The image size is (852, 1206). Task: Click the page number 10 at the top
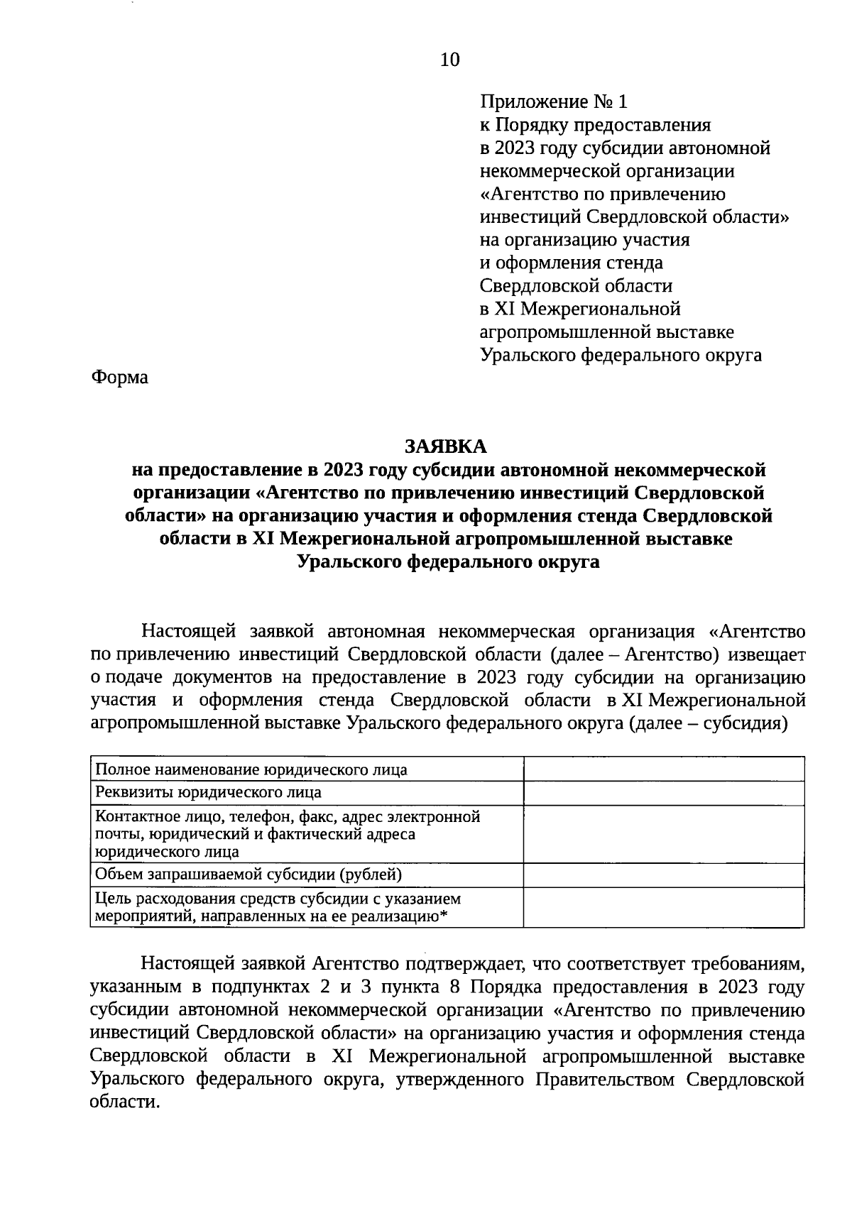point(450,60)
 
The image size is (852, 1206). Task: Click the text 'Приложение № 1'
point(554,102)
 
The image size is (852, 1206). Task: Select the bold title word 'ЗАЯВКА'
point(446,446)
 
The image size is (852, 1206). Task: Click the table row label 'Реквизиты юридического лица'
point(208,792)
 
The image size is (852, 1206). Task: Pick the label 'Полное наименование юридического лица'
point(251,769)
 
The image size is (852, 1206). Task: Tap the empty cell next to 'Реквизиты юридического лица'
point(663,793)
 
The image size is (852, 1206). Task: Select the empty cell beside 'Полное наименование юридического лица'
point(663,769)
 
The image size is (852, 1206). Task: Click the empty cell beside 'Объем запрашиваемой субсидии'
point(663,875)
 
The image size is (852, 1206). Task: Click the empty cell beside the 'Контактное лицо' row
point(663,834)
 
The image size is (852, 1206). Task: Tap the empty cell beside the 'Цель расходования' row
point(663,907)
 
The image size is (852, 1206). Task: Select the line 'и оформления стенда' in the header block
point(572,263)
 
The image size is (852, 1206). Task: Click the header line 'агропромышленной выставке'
point(607,331)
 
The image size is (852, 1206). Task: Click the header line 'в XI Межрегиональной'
point(580,309)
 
